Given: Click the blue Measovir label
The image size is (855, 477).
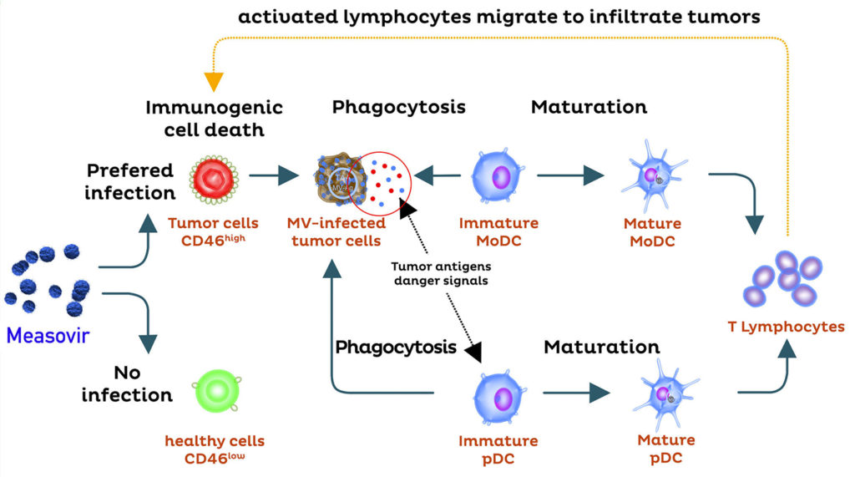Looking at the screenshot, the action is (48, 335).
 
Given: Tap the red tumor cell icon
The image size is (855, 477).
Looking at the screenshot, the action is (215, 180).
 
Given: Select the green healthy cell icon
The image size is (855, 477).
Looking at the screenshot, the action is (217, 391).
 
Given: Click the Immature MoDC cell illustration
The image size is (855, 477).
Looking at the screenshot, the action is (498, 176).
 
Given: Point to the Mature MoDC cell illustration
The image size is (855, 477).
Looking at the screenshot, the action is (653, 175).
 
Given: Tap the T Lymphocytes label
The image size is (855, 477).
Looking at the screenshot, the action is (786, 327).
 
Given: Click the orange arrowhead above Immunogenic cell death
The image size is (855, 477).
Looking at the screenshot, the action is (214, 82).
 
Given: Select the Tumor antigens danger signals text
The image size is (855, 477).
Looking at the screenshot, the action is (441, 273).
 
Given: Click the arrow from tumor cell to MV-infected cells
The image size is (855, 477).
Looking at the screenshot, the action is (274, 175).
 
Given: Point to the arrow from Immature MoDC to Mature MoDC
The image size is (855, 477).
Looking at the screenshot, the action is (570, 175).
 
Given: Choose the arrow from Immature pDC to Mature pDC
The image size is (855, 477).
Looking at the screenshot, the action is (576, 393).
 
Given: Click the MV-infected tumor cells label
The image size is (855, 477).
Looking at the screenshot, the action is (336, 232).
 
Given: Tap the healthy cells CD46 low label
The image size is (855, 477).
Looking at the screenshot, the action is (215, 449).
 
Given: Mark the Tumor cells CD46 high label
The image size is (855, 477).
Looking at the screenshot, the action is (213, 231).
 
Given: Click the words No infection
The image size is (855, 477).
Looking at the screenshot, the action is (127, 383).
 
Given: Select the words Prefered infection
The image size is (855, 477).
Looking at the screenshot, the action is (129, 181).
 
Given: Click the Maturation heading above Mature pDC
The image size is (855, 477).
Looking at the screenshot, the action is (601, 347).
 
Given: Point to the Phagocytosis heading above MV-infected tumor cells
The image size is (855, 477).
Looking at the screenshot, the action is (398, 108).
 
